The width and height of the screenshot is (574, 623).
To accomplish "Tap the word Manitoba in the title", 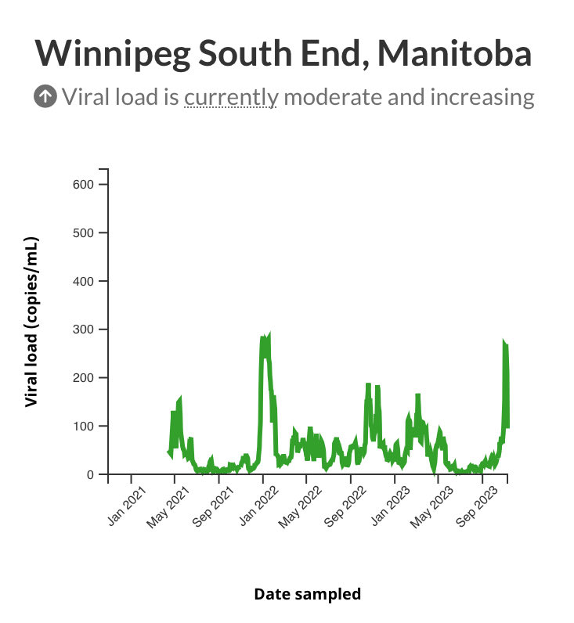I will (455, 53).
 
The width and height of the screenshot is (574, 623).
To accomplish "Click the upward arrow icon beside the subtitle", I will (45, 97).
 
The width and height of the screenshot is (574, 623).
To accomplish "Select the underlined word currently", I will (231, 97).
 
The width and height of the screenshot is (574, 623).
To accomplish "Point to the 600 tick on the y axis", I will (83, 185).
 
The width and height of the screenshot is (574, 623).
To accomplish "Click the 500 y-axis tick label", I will (83, 233).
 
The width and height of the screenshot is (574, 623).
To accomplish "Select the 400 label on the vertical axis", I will (83, 281).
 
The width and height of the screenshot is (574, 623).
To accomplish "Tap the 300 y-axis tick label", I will (83, 330).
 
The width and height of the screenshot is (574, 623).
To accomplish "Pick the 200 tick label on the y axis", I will (83, 378).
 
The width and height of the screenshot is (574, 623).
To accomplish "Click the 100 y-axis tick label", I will (83, 427).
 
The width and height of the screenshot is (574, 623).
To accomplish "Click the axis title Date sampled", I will (307, 594).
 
